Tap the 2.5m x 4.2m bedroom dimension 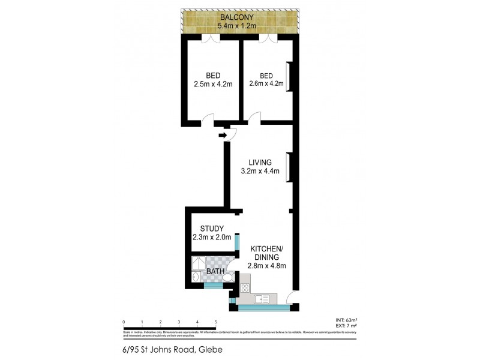[x=212, y=85]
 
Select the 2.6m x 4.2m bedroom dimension [x=266, y=84]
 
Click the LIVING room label [x=260, y=162]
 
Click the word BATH [x=215, y=272]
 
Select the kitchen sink [x=263, y=299]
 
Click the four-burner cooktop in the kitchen [x=245, y=288]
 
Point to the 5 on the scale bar [x=215, y=322]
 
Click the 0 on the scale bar [x=124, y=322]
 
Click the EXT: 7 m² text [x=346, y=326]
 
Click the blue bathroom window [x=213, y=286]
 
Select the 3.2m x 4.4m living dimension [x=260, y=171]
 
